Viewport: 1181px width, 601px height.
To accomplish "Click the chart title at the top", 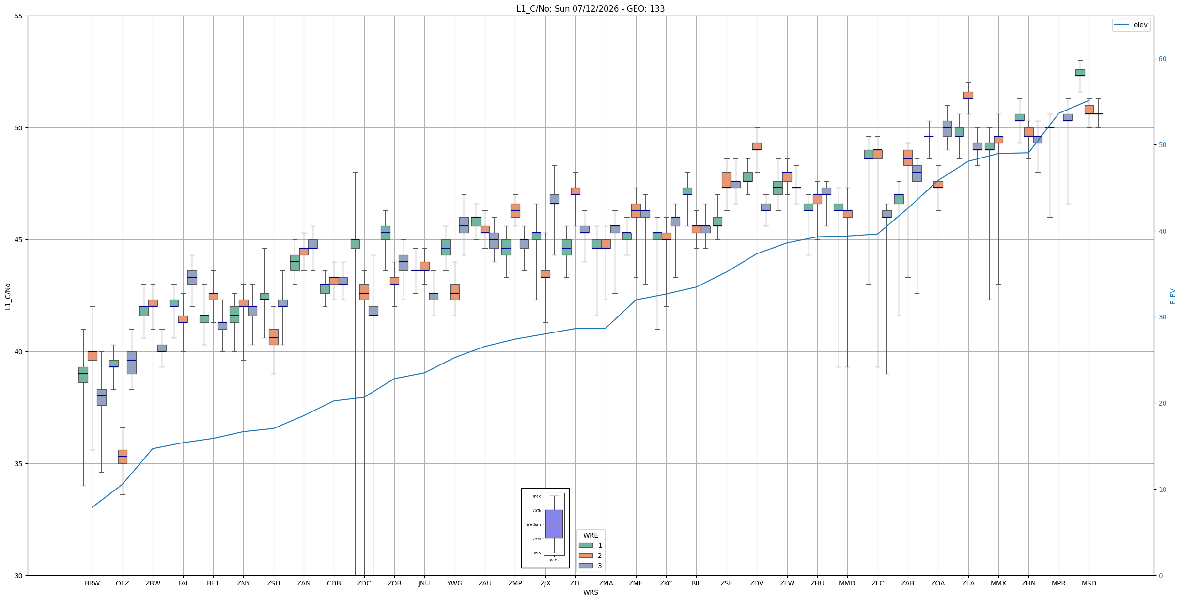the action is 590,9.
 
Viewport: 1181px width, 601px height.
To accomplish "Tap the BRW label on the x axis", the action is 92,583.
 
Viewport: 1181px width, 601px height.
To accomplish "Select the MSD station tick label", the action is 1089,583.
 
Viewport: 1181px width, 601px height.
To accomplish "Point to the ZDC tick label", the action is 364,583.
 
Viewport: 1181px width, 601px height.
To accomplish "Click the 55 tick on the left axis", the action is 19,16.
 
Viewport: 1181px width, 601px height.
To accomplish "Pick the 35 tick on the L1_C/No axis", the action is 19,464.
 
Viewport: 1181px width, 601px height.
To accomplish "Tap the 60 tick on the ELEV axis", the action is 1163,59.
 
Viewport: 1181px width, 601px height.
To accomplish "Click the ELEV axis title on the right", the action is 1173,297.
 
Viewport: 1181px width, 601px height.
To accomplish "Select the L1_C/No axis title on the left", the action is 8,296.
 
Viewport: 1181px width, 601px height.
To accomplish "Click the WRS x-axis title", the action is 590,592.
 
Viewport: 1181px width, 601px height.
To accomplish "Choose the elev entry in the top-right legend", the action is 1131,25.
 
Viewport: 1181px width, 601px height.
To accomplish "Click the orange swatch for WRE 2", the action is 586,555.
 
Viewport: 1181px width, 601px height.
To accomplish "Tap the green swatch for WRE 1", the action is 586,545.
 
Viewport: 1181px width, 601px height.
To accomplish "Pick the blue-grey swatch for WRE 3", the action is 586,566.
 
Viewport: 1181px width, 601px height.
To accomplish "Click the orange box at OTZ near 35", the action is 123,457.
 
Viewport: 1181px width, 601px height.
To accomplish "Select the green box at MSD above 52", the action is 1080,73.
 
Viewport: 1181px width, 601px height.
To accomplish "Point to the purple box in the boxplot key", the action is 554,524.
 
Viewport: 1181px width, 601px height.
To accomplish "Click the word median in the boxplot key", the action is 533,524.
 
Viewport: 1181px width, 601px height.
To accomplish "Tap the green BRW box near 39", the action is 83,375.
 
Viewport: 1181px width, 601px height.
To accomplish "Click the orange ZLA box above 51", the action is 968,95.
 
